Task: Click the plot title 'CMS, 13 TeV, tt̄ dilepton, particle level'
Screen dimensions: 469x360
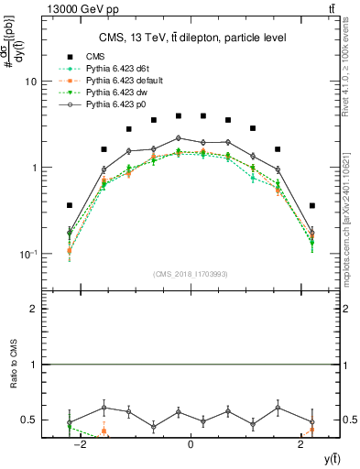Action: click(x=190, y=38)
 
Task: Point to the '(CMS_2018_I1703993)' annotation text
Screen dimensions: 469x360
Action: click(x=190, y=274)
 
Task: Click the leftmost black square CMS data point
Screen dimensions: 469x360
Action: click(x=69, y=205)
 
